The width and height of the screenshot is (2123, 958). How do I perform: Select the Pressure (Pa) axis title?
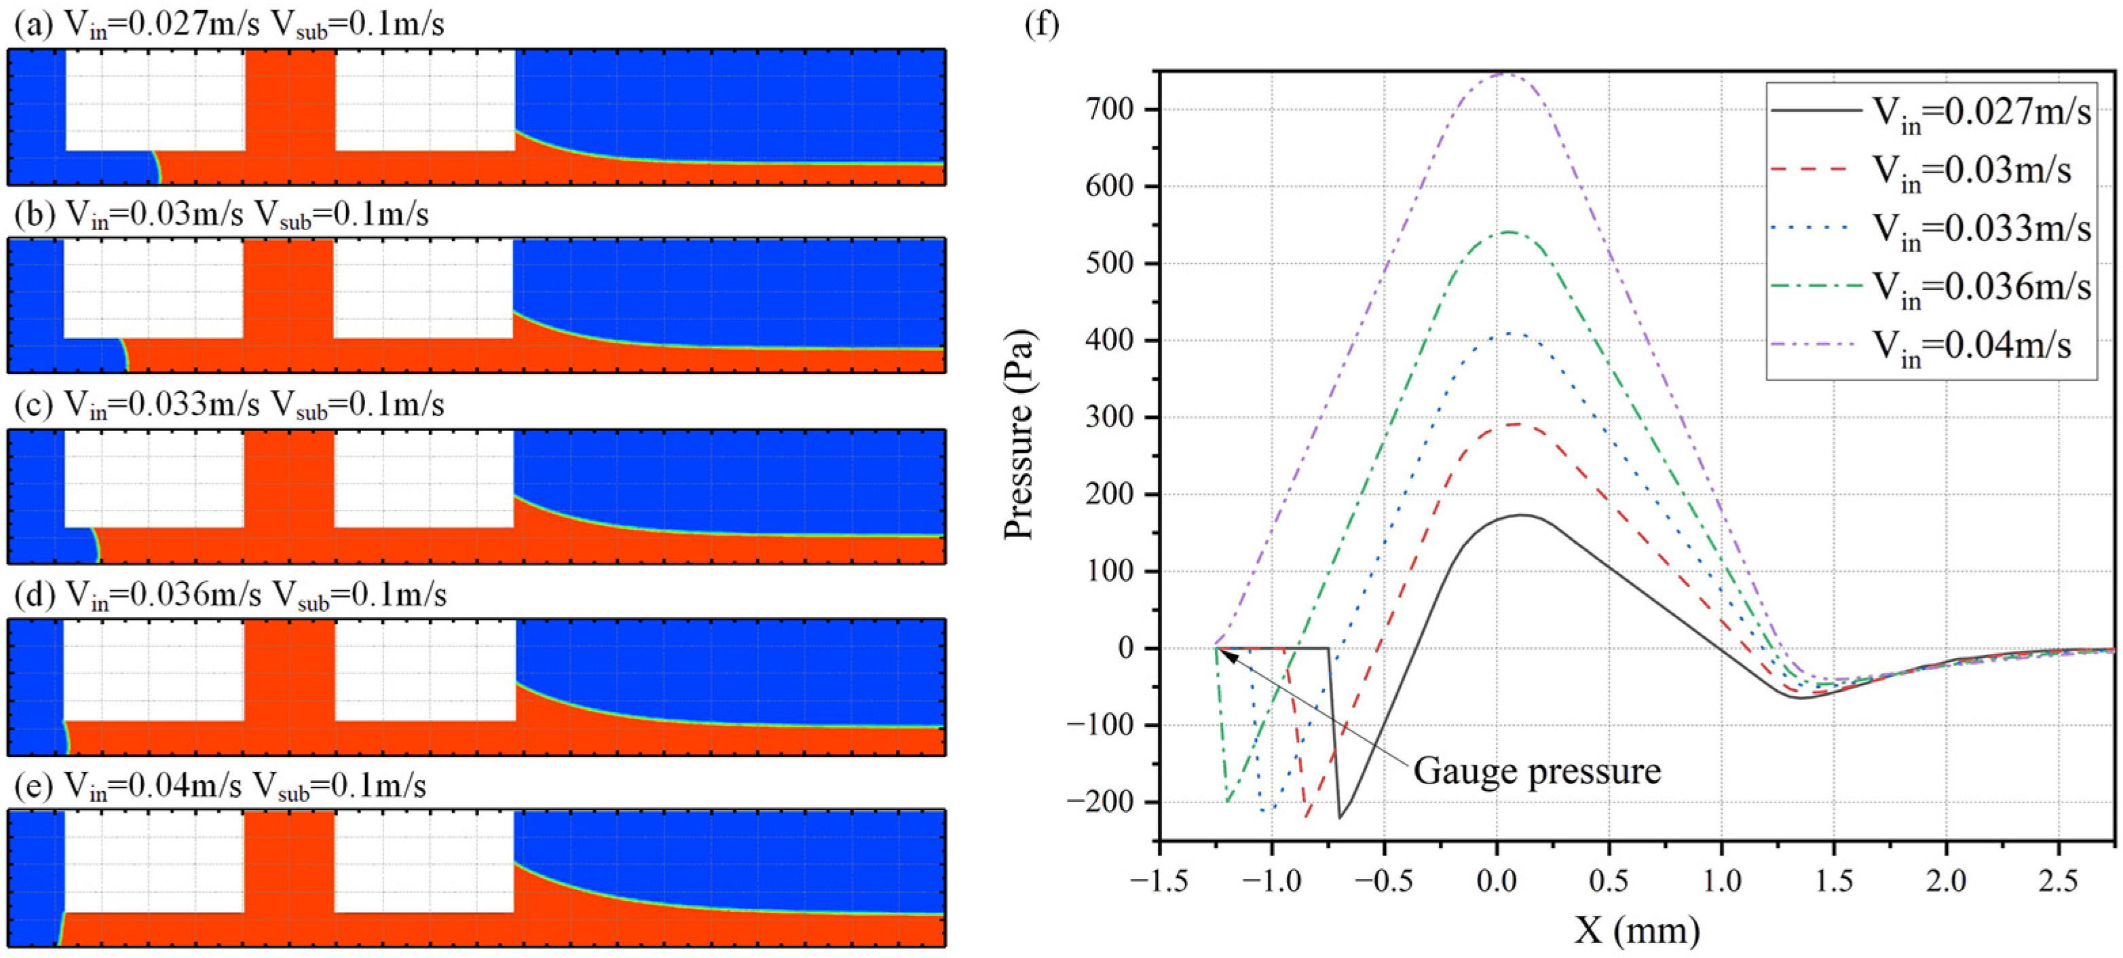(1019, 435)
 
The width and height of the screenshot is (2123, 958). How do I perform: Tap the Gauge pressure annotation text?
(1537, 772)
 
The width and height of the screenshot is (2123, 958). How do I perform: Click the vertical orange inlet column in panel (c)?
(289, 478)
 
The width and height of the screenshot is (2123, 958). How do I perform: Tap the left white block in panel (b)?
(153, 289)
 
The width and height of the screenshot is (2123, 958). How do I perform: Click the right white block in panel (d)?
(424, 669)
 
